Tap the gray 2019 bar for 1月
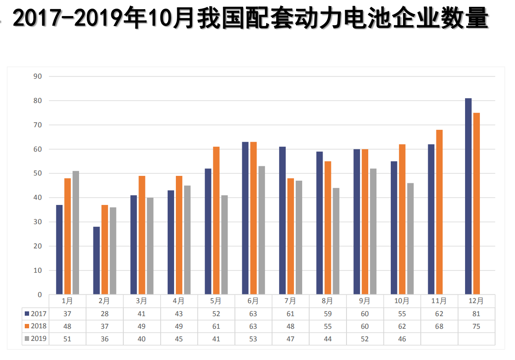pyautogui.click(x=76, y=233)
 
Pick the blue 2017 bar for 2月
pyautogui.click(x=96, y=261)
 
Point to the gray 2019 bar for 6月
pyautogui.click(x=261, y=230)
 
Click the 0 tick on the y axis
pyautogui.click(x=40, y=295)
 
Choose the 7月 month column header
pyautogui.click(x=291, y=301)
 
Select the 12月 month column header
pyautogui.click(x=476, y=301)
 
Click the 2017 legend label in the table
pyautogui.click(x=39, y=314)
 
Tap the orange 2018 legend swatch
pyautogui.click(x=27, y=326)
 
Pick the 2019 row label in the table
pyautogui.click(x=39, y=339)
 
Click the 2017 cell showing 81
pyautogui.click(x=476, y=314)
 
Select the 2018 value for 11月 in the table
pyautogui.click(x=439, y=326)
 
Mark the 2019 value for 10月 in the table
pyautogui.click(x=402, y=339)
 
